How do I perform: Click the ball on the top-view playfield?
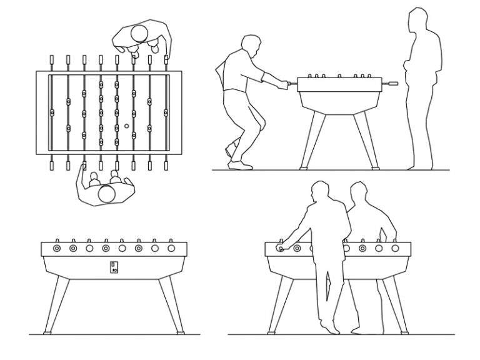[x=126, y=126]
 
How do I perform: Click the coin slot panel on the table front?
[x=114, y=267]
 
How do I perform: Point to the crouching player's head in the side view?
[x=250, y=46]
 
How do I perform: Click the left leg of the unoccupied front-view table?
[x=54, y=306]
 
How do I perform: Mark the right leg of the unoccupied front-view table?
[x=172, y=306]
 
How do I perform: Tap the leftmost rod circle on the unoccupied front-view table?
[x=57, y=248]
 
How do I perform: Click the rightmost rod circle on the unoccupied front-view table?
[x=171, y=248]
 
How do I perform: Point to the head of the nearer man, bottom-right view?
[x=321, y=193]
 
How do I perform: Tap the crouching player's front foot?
[x=239, y=164]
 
